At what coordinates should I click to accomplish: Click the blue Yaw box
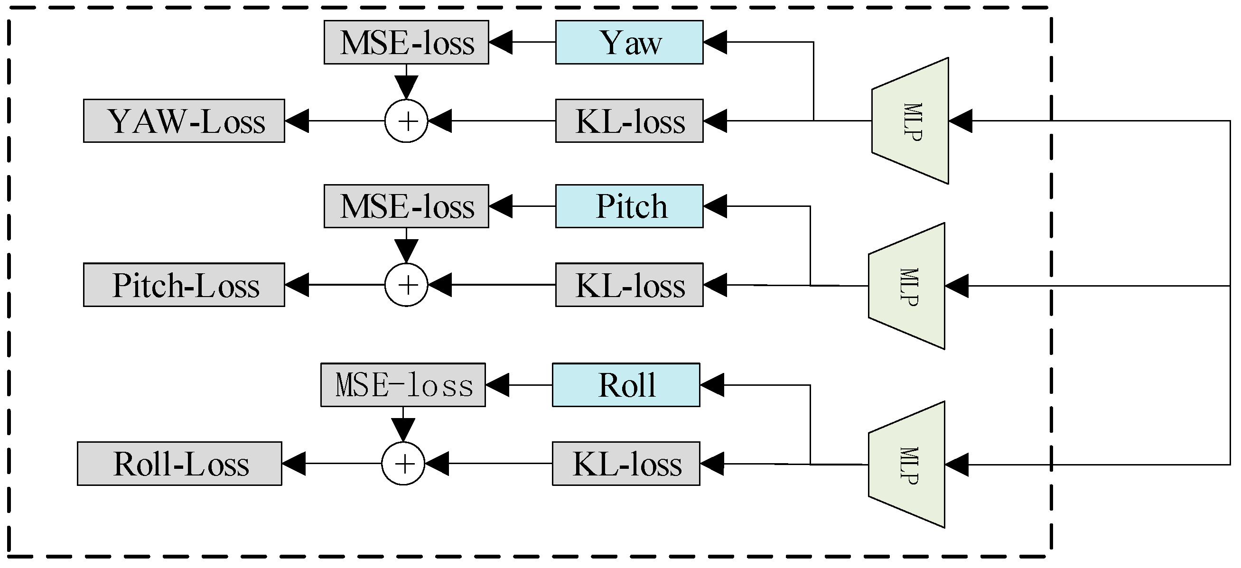coord(629,42)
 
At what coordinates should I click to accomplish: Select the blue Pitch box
coord(629,206)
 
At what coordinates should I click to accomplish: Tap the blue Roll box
coord(626,385)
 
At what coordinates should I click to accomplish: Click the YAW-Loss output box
coord(184,121)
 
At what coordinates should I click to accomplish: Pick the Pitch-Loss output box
coord(184,285)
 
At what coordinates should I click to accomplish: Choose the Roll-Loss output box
coord(179,464)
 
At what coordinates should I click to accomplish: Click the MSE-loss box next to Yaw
coord(406,42)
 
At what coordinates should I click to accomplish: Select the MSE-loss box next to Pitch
coord(406,206)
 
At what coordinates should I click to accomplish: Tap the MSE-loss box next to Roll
coord(403,385)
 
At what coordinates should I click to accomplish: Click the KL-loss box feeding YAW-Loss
coord(629,121)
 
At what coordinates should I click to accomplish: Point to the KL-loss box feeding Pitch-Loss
coord(629,285)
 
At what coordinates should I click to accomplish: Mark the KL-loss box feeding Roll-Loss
coord(626,464)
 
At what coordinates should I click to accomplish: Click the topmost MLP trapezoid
coord(911,121)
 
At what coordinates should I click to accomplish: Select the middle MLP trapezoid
coord(906,286)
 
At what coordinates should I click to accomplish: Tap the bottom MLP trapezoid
coord(906,465)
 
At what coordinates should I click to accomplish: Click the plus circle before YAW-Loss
coord(406,121)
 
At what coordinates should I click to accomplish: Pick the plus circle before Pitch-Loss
coord(406,285)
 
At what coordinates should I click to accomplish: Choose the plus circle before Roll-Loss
coord(403,464)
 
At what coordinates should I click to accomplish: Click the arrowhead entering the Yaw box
coord(714,42)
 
